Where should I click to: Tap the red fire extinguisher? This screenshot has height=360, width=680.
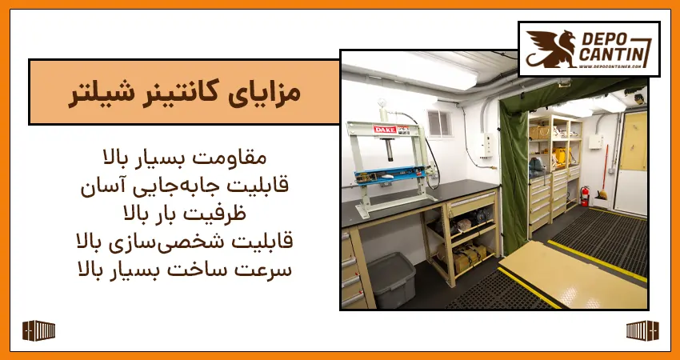point(585,196)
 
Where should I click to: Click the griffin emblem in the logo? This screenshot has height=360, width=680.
point(546,48)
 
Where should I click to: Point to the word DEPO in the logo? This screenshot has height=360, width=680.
point(606,38)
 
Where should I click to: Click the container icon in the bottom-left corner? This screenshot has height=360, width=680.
point(38,330)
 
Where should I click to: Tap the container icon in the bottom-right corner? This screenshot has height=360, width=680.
point(642,330)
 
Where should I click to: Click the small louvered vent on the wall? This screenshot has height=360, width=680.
point(438,122)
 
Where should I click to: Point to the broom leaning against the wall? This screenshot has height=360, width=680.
point(602,172)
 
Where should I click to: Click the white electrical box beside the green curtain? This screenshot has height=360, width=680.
point(486,144)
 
